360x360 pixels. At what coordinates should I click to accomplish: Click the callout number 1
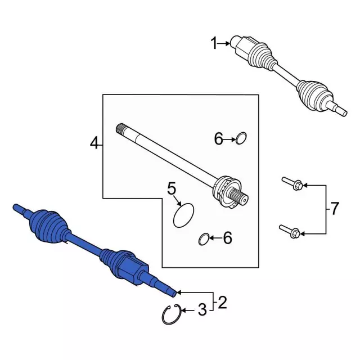pos(214,44)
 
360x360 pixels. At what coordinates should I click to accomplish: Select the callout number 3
pos(202,310)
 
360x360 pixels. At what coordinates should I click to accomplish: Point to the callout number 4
pos(94,143)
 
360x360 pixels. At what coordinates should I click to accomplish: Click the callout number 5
pos(172,188)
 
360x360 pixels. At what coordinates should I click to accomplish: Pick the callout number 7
pos(334,209)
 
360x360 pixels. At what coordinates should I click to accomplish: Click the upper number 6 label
pos(218,138)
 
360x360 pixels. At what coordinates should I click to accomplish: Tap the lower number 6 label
pos(227,238)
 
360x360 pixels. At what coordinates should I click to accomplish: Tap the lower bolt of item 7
pos(290,231)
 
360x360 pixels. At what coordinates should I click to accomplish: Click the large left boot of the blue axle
pos(48,226)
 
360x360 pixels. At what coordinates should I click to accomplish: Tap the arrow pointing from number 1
pos(224,43)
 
